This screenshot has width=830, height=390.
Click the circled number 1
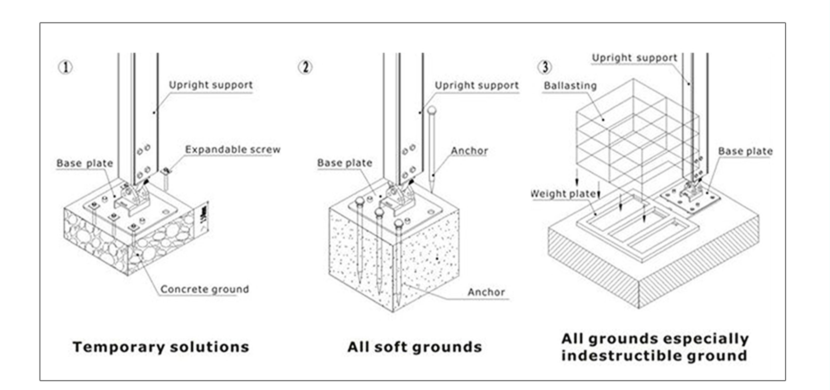tap(65, 68)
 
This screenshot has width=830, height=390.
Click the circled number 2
tap(305, 68)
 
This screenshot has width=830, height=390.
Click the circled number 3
tap(545, 67)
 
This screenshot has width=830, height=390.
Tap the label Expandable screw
tap(233, 150)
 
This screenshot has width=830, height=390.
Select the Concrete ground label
tap(204, 289)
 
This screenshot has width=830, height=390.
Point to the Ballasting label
tap(570, 86)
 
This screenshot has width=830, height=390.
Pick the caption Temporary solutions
tap(161, 347)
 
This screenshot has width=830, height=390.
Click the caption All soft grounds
tap(415, 347)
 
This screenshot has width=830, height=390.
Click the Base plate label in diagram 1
tap(84, 163)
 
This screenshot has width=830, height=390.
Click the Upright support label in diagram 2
tap(477, 86)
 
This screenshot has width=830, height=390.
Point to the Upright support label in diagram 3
tap(634, 58)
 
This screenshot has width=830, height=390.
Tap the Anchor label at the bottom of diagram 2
tap(486, 292)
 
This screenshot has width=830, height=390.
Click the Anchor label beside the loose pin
tap(469, 151)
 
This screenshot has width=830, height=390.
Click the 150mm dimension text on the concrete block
tap(204, 215)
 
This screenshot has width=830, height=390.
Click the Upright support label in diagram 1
tap(211, 85)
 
